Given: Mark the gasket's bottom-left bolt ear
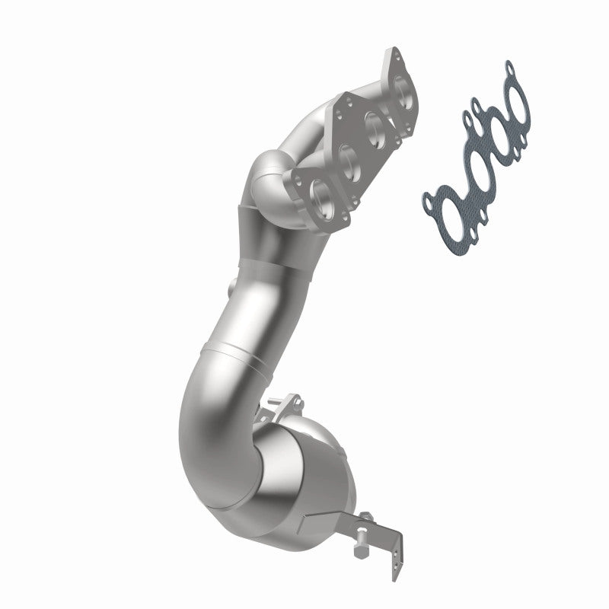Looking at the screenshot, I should [426, 199].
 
